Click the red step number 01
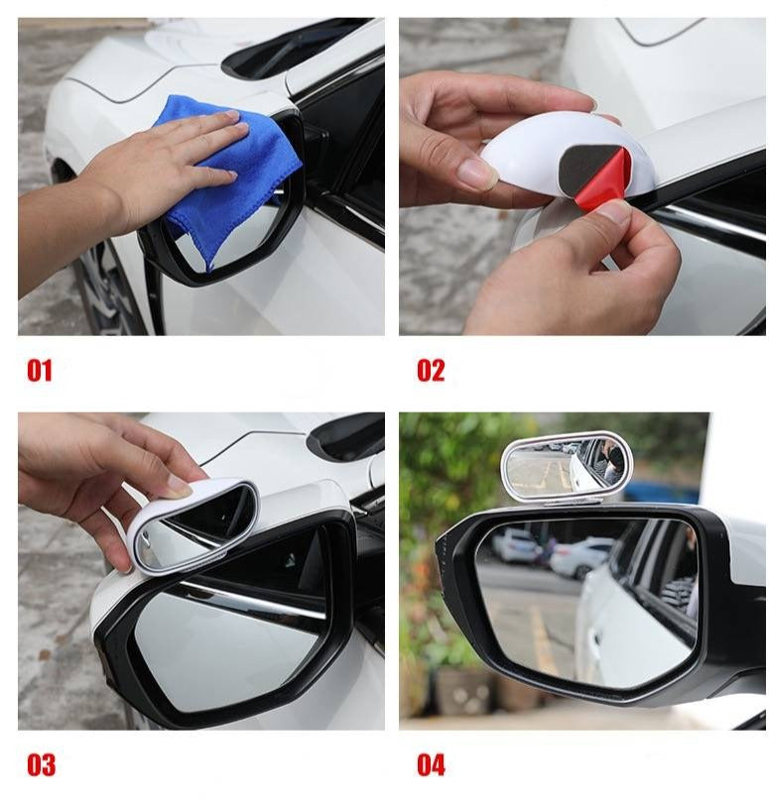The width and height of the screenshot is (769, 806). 40,371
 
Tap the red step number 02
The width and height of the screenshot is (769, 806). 431,371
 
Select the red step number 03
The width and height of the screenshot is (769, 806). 41,765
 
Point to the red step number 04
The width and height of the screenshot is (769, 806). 431,765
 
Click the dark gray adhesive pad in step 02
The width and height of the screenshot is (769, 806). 586,165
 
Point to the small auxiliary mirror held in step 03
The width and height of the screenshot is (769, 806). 195,529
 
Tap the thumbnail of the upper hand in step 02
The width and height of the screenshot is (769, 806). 476,173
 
